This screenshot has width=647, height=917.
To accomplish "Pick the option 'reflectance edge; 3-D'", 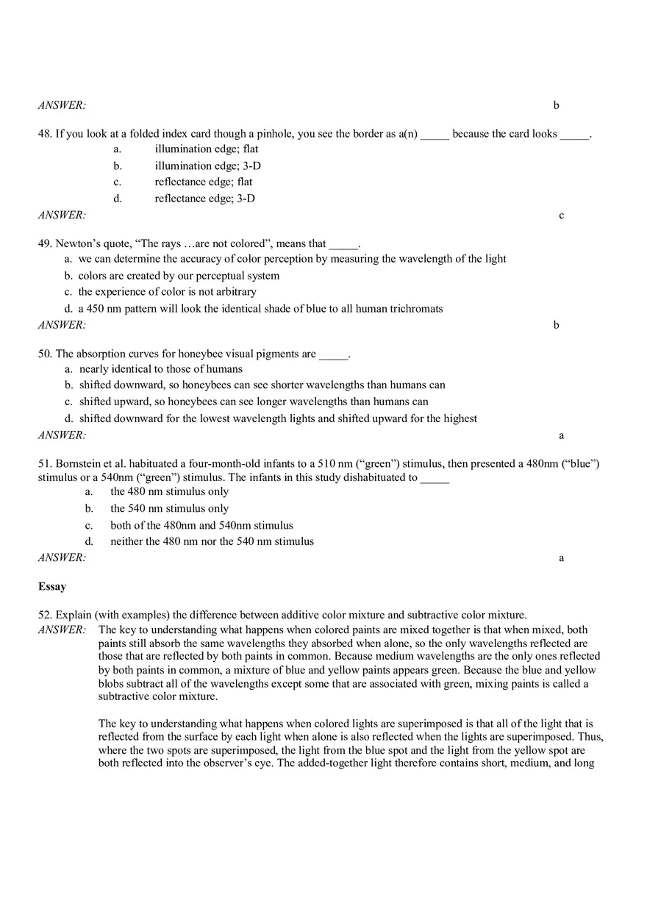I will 204,199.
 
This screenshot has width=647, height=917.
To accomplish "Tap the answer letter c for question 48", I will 562,215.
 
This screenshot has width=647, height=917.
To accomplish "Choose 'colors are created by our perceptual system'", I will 179,276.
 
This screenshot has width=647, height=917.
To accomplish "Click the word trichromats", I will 416,309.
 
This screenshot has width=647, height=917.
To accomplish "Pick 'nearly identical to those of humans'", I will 160,369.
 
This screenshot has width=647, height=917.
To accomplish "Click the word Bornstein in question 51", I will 79,464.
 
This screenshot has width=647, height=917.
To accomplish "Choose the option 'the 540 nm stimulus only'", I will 169,509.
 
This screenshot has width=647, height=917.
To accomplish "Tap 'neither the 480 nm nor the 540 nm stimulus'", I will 212,541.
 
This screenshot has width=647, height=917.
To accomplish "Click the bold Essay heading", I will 52,587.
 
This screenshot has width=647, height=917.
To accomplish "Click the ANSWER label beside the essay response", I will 62,629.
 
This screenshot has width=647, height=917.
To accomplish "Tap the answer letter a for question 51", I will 562,558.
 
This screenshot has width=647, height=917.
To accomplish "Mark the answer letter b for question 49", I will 557,325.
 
